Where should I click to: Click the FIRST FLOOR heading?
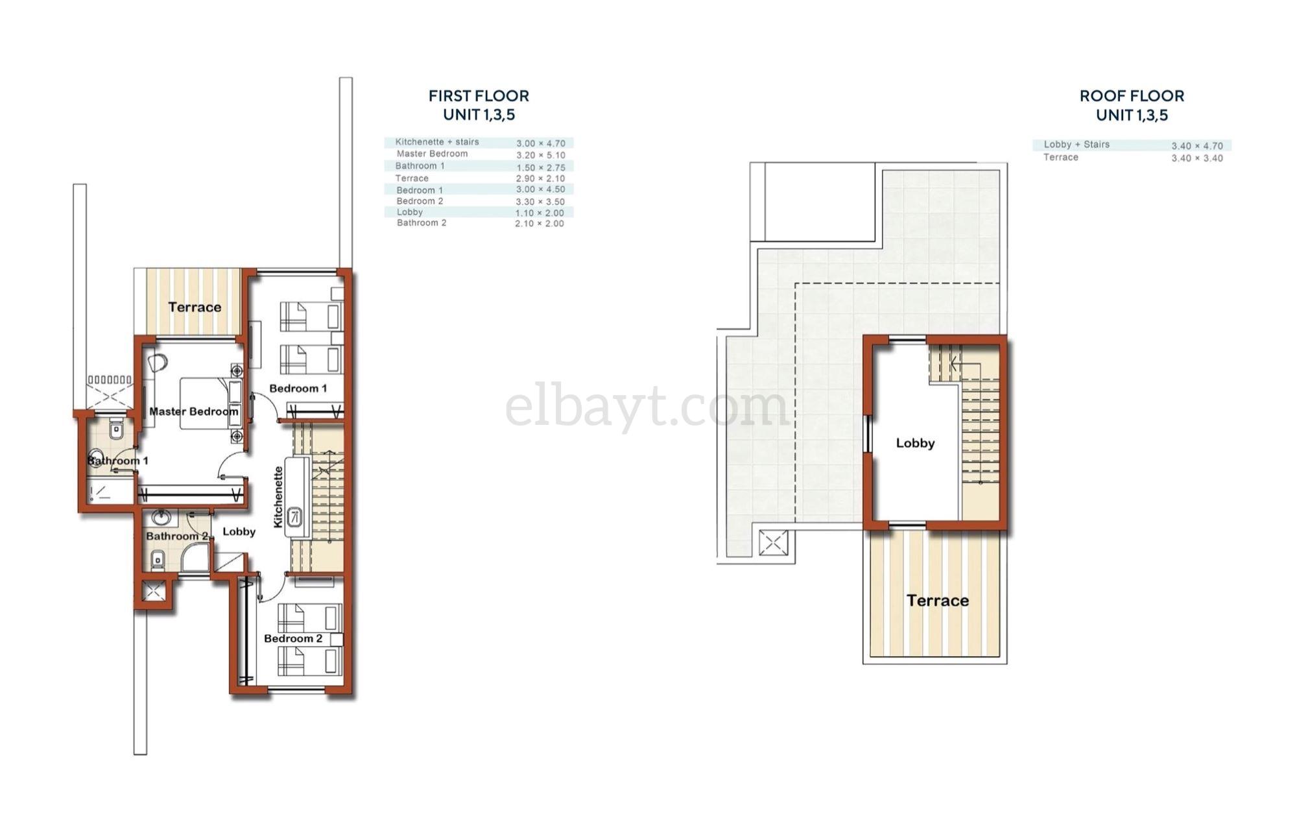[x=479, y=96]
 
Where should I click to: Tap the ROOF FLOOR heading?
[x=1132, y=96]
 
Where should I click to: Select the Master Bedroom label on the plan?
[x=194, y=411]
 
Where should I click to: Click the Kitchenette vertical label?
[x=279, y=497]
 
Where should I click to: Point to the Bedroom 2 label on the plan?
[x=293, y=638]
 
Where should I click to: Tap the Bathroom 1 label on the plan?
[x=118, y=461]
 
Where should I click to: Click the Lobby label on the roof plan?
[x=915, y=443]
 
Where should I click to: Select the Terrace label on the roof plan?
[x=938, y=601]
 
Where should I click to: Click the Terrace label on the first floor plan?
[x=195, y=307]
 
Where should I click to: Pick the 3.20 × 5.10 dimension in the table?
[x=541, y=155]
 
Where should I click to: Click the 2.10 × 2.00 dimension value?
[x=540, y=223]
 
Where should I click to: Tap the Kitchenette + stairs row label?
[x=437, y=142]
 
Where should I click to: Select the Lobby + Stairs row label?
[x=1077, y=145]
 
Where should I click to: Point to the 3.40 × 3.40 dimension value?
[x=1197, y=158]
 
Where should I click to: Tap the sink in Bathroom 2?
[x=161, y=518]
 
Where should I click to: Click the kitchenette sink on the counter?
[x=295, y=517]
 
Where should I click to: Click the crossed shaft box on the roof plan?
[x=773, y=543]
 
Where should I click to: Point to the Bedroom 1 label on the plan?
[x=298, y=388]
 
